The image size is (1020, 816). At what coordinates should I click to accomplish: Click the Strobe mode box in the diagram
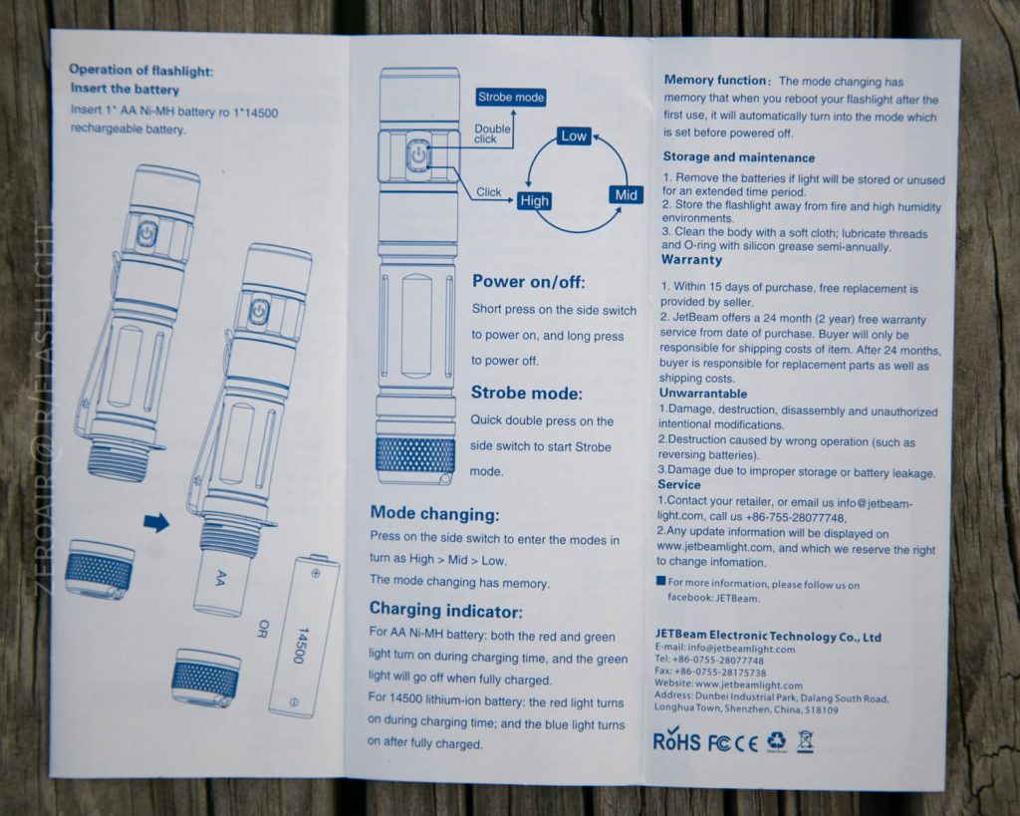pos(511,97)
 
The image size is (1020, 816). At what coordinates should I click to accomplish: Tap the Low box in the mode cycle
pos(574,136)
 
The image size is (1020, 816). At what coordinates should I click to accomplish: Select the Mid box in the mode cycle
pos(626,195)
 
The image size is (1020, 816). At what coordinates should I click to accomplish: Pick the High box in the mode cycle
pos(534,200)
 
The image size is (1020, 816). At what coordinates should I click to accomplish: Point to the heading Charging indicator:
pos(445,609)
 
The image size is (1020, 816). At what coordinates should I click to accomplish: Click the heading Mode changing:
pos(434,514)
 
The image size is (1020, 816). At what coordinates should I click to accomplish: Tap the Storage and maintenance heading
pos(738,157)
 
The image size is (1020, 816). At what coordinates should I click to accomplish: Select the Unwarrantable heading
pos(702,394)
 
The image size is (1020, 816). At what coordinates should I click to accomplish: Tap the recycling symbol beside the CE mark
pos(775,740)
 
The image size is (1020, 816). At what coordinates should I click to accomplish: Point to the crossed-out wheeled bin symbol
pos(805,740)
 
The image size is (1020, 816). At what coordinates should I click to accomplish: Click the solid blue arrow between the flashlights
pos(156,522)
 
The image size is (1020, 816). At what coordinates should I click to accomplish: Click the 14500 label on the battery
pos(298,644)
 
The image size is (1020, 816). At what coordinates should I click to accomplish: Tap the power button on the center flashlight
pos(417,155)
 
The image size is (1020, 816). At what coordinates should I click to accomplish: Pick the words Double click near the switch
pos(491,134)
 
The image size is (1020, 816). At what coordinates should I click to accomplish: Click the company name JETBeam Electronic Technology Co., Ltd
pos(767,637)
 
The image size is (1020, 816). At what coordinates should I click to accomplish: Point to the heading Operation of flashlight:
pos(140,70)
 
